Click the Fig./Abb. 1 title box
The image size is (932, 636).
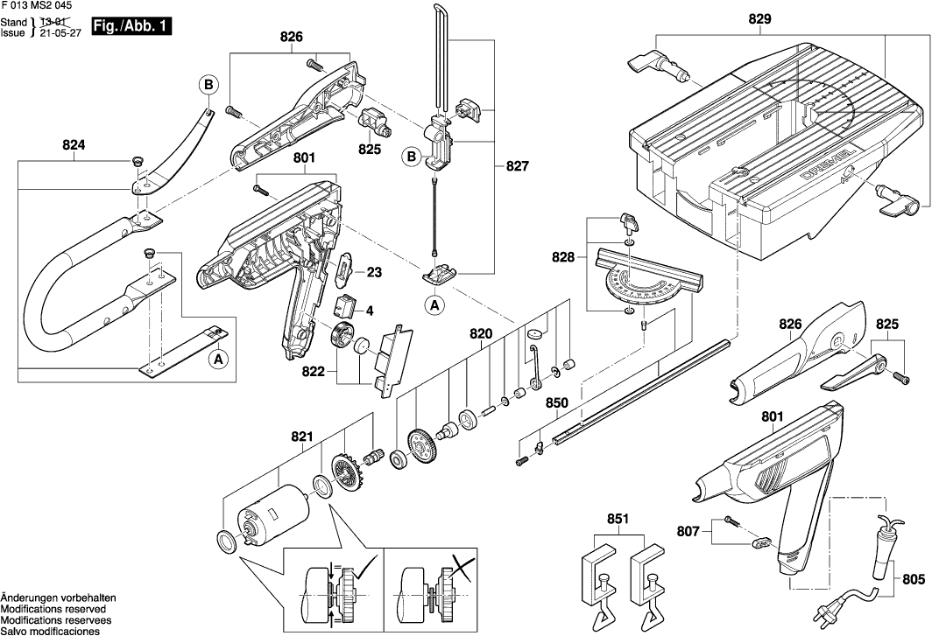pos(131,27)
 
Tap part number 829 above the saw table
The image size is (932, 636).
pos(759,19)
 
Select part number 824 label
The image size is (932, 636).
pos(74,145)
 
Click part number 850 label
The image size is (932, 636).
pos(557,402)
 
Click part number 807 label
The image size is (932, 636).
pos(688,532)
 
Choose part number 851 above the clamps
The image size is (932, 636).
pos(618,519)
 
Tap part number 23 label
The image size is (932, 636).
pos(374,273)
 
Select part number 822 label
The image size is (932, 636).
pos(314,371)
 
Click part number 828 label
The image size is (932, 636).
pos(563,257)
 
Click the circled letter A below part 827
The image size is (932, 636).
pos(435,305)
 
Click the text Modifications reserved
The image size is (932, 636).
pos(53,609)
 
